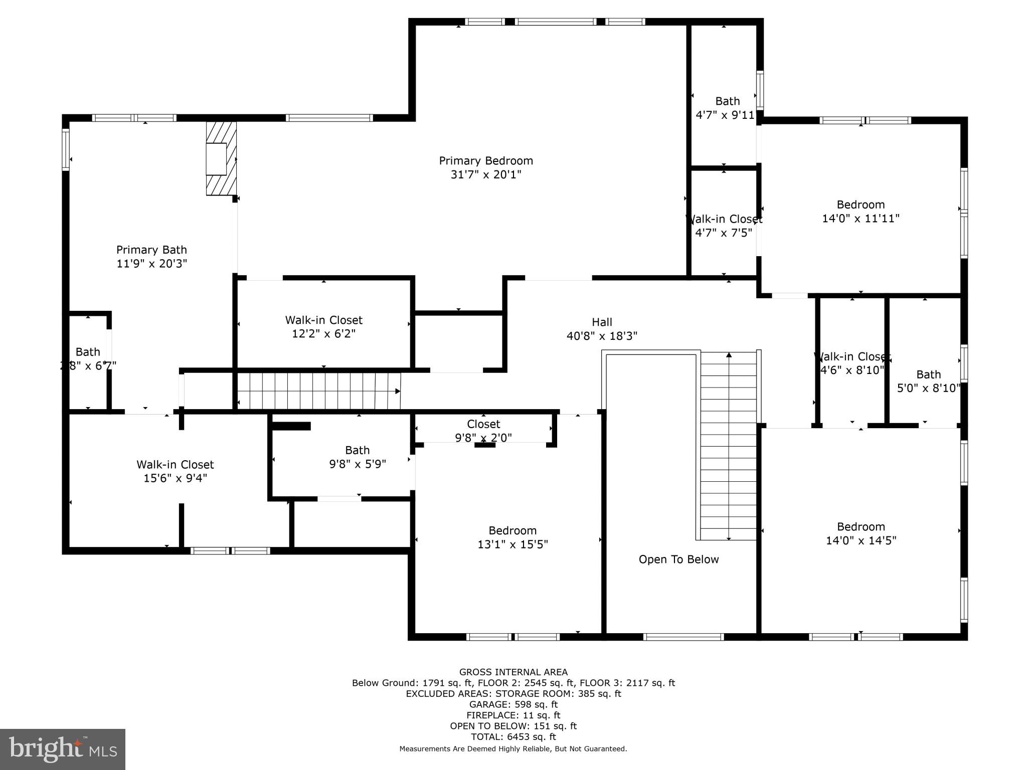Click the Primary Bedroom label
pos(485,161)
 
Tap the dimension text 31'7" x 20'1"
pos(485,174)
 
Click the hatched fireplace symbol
pos(221,158)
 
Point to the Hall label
pos(602,322)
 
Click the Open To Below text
pos(678,559)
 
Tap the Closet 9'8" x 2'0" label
pos(483,431)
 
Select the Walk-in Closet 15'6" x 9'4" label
pos(175,471)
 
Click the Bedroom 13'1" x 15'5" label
pos(512,537)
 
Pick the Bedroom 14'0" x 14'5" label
pos(861,533)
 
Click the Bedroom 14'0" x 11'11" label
pos(861,211)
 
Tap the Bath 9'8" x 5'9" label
pos(357,457)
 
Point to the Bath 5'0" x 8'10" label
pos(928,381)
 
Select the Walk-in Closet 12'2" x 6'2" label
pos(323,327)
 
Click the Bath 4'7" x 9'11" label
pos(727,108)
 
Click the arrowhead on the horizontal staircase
pos(398,391)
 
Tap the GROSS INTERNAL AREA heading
pos(513,672)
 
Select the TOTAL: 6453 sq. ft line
pos(513,737)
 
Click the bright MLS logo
pos(63,749)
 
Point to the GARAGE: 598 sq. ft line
pos(513,704)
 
